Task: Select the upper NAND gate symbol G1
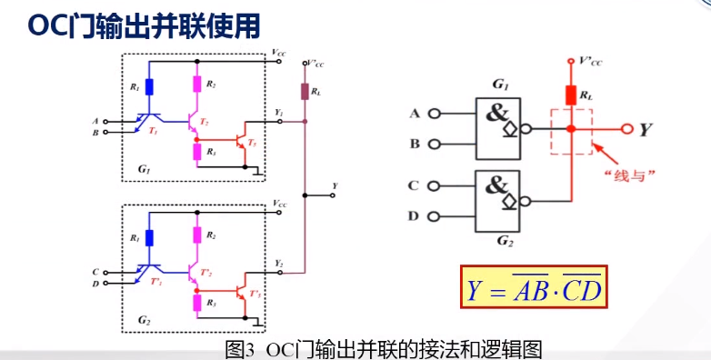pyautogui.click(x=498, y=123)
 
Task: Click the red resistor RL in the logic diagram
pyautogui.click(x=570, y=95)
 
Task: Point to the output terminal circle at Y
pyautogui.click(x=626, y=129)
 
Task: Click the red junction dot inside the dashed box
pyautogui.click(x=570, y=129)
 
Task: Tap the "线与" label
pyautogui.click(x=621, y=175)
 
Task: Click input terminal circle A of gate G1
pyautogui.click(x=435, y=114)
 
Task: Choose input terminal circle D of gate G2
pyautogui.click(x=435, y=215)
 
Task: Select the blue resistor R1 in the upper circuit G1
pyautogui.click(x=148, y=87)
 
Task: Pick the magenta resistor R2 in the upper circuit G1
pyautogui.click(x=195, y=85)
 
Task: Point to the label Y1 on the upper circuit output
pyautogui.click(x=279, y=113)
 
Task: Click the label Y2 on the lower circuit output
pyautogui.click(x=279, y=263)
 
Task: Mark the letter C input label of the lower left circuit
pyautogui.click(x=95, y=271)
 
